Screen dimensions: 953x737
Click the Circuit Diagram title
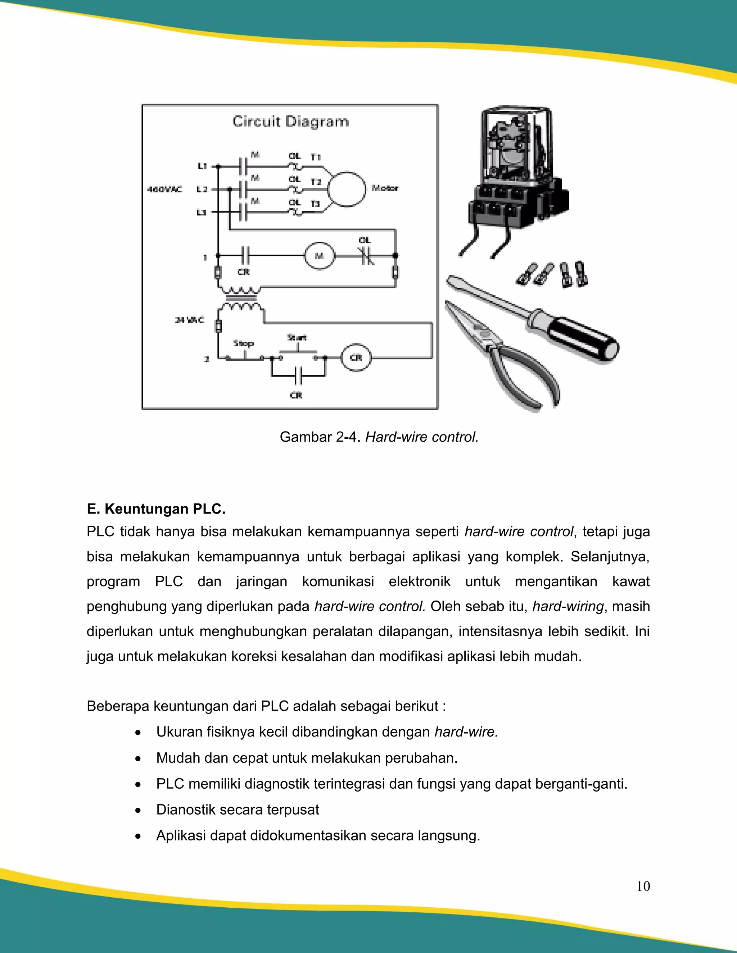pos(290,121)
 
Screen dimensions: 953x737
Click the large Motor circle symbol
pos(346,189)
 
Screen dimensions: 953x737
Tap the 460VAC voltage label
pos(164,190)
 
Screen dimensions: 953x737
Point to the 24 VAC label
pos(189,320)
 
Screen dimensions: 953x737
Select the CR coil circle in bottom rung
pos(356,357)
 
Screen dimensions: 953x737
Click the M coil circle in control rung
pos(320,256)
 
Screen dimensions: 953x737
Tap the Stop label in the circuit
pos(243,343)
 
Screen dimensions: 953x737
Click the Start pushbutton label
pos(297,337)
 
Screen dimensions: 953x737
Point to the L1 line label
pos(202,166)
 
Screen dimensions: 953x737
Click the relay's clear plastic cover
pos(515,140)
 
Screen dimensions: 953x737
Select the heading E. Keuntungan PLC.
pos(156,509)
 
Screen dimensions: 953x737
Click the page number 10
pos(643,886)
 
